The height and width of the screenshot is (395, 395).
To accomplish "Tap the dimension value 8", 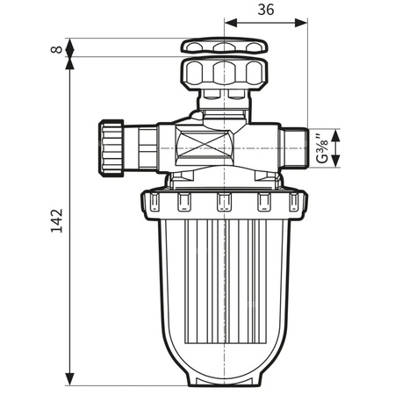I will (x=57, y=49).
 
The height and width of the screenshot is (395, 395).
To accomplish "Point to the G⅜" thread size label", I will (x=325, y=147).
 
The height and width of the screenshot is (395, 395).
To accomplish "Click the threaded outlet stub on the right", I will (x=294, y=147).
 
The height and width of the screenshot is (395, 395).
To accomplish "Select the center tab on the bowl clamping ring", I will (x=223, y=204).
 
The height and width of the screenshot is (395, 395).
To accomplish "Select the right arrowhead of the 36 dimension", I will (x=304, y=25).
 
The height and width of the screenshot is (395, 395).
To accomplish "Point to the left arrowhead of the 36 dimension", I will (x=230, y=25).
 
